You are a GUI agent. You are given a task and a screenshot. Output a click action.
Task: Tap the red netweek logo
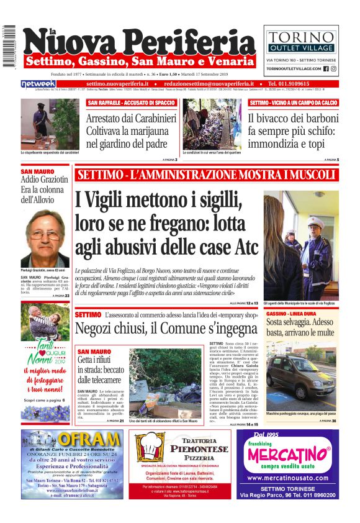click(x=38, y=84)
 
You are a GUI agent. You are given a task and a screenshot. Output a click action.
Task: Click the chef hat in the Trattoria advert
click(x=151, y=448)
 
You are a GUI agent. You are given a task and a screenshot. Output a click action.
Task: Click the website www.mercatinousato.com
click(x=292, y=478)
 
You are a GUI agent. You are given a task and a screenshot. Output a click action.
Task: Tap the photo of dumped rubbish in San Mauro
click(x=164, y=382)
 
